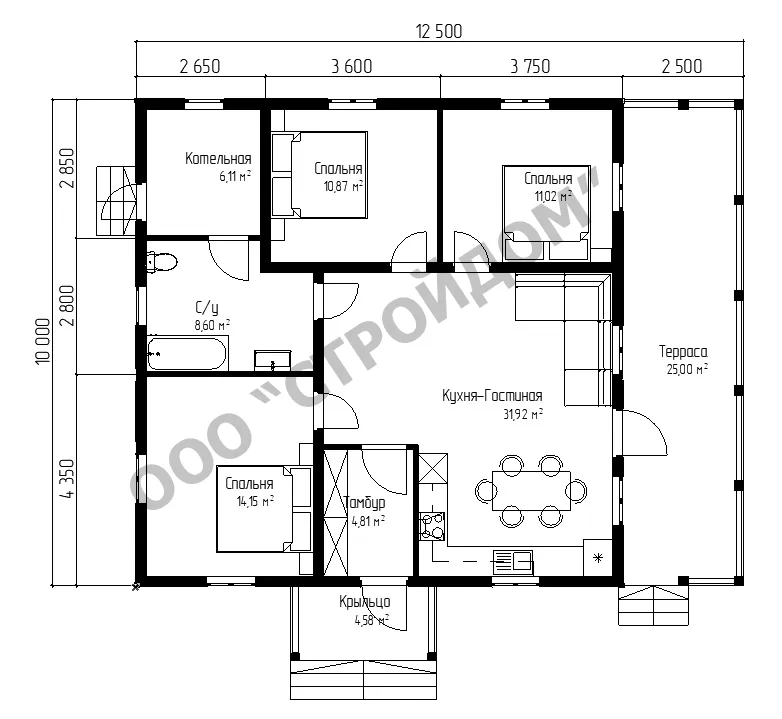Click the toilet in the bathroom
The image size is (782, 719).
[162, 261]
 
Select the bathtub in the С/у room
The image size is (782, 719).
[188, 354]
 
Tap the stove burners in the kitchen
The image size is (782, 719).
[432, 526]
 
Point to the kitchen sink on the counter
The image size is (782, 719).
[513, 562]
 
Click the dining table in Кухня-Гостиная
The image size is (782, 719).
[532, 491]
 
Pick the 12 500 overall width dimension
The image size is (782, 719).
[439, 31]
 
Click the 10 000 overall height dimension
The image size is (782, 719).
[43, 342]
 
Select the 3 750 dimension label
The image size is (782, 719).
[530, 66]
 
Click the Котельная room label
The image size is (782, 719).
[218, 159]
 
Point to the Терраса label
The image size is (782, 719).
[683, 352]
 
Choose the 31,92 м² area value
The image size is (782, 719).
[523, 414]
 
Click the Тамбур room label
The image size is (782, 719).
[365, 503]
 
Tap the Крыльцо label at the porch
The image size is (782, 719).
[365, 602]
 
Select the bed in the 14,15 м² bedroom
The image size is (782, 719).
[264, 509]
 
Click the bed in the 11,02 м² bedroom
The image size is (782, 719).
[546, 213]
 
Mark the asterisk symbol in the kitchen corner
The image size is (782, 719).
[597, 558]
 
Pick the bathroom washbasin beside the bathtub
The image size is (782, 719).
[272, 360]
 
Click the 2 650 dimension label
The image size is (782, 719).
[199, 66]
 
